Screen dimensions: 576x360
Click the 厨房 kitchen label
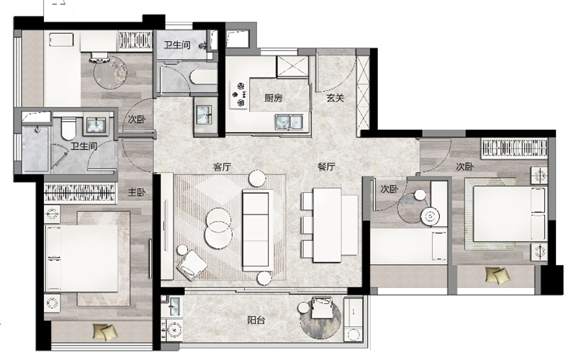tap(274, 98)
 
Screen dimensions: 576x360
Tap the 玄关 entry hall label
tap(335, 98)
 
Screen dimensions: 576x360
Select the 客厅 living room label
tap(222, 167)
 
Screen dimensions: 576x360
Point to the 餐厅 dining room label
tap(326, 167)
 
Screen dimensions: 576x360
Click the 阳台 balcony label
tap(256, 320)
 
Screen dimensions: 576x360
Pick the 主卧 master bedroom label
tap(137, 192)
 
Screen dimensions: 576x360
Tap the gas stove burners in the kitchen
tap(238, 94)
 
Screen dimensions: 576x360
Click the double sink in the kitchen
tap(289, 122)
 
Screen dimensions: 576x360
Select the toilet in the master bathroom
tap(68, 128)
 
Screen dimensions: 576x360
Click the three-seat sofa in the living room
tap(256, 230)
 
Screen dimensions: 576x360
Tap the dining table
tap(328, 225)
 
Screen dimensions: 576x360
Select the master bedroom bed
tap(82, 258)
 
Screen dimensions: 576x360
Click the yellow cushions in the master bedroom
tap(105, 332)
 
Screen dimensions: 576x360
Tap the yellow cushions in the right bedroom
tap(498, 275)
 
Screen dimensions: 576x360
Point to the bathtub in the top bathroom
tap(204, 78)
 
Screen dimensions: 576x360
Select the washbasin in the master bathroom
tap(96, 125)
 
